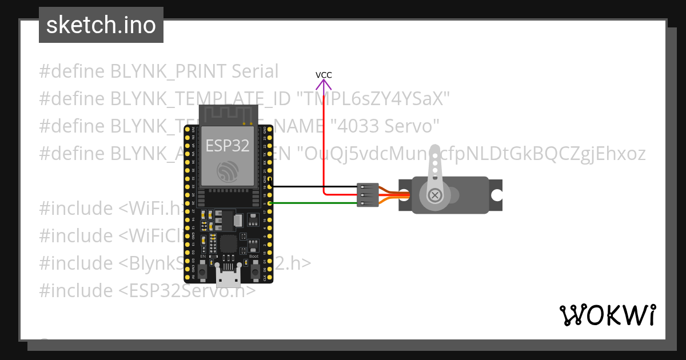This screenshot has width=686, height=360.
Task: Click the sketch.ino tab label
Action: [101, 25]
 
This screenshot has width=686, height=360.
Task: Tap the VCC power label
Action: [324, 75]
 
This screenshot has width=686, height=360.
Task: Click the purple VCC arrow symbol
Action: [324, 86]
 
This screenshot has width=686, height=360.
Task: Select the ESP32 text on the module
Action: [228, 145]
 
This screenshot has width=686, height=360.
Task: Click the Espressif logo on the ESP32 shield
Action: [228, 171]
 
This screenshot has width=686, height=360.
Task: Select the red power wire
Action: [324, 143]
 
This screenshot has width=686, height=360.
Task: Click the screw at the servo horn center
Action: [436, 195]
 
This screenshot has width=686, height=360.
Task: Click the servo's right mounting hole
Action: [496, 195]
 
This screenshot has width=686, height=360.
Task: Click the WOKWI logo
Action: [607, 315]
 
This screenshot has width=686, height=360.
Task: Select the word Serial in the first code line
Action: [255, 71]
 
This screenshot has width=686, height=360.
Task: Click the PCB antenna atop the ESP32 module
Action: [228, 114]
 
